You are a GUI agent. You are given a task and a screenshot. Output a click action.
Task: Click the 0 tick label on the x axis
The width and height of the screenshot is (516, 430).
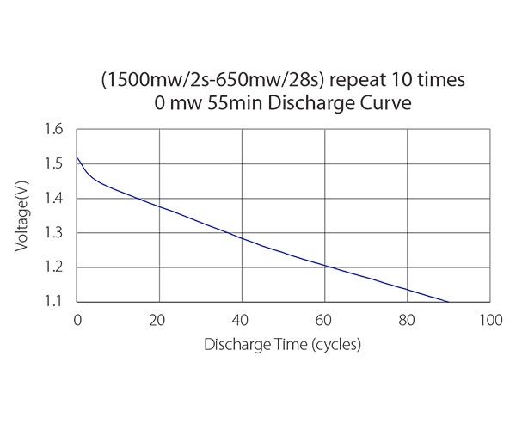[77, 321]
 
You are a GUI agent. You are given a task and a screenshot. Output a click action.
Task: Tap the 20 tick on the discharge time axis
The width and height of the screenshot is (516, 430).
[159, 321]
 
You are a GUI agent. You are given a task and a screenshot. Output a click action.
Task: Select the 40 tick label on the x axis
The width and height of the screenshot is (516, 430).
[242, 321]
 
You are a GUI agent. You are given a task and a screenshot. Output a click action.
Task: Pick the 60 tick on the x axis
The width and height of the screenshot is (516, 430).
[324, 321]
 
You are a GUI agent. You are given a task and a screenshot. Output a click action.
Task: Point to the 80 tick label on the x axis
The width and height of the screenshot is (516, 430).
[407, 321]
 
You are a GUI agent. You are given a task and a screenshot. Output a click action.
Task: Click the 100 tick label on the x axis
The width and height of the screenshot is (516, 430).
[489, 321]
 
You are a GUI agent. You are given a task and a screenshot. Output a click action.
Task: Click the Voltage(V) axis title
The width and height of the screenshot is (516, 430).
[23, 216]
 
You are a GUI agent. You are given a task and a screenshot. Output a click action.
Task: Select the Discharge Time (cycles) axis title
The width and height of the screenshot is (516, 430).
[282, 345]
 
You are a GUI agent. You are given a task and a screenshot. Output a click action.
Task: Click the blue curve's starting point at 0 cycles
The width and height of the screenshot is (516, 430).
[78, 157]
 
